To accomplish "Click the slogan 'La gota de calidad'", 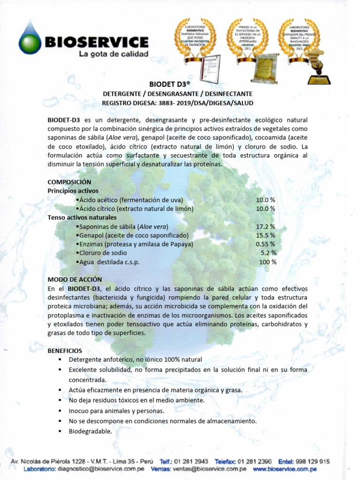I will (113, 54).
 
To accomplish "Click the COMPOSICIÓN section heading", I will (69, 182).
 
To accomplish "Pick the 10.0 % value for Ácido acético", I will (265, 200).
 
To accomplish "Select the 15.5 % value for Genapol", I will (265, 235).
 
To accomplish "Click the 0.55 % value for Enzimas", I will (265, 244).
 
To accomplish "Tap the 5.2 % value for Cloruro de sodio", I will (268, 253).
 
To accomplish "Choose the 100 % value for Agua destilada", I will (268, 262).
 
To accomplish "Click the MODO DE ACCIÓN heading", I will (75, 279).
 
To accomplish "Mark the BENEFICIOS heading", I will (65, 351).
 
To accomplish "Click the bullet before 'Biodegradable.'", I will (60, 431).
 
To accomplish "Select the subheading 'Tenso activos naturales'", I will (82, 217).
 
